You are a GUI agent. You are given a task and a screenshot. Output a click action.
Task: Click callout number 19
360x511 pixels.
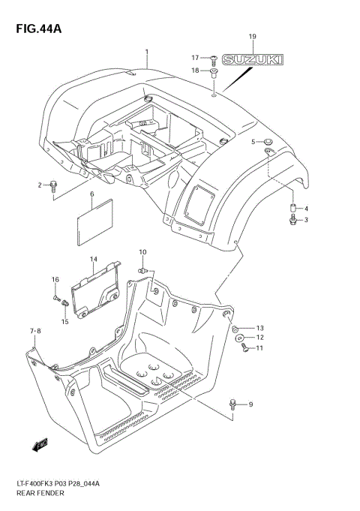click(x=252, y=37)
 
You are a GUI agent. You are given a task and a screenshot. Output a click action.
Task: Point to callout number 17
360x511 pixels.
click(x=193, y=58)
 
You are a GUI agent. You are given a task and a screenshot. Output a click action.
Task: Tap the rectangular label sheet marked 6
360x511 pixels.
click(x=94, y=221)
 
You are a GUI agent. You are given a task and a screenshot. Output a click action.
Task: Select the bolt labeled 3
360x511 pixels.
click(x=293, y=220)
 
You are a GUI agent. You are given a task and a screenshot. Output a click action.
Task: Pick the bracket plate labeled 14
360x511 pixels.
click(x=99, y=287)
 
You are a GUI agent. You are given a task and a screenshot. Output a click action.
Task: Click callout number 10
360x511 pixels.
click(x=142, y=251)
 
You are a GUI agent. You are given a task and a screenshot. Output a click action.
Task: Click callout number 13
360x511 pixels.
click(x=260, y=328)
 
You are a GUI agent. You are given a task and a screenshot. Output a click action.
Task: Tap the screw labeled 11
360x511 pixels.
click(x=244, y=348)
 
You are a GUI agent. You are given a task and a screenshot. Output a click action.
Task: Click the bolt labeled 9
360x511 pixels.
click(x=233, y=406)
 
